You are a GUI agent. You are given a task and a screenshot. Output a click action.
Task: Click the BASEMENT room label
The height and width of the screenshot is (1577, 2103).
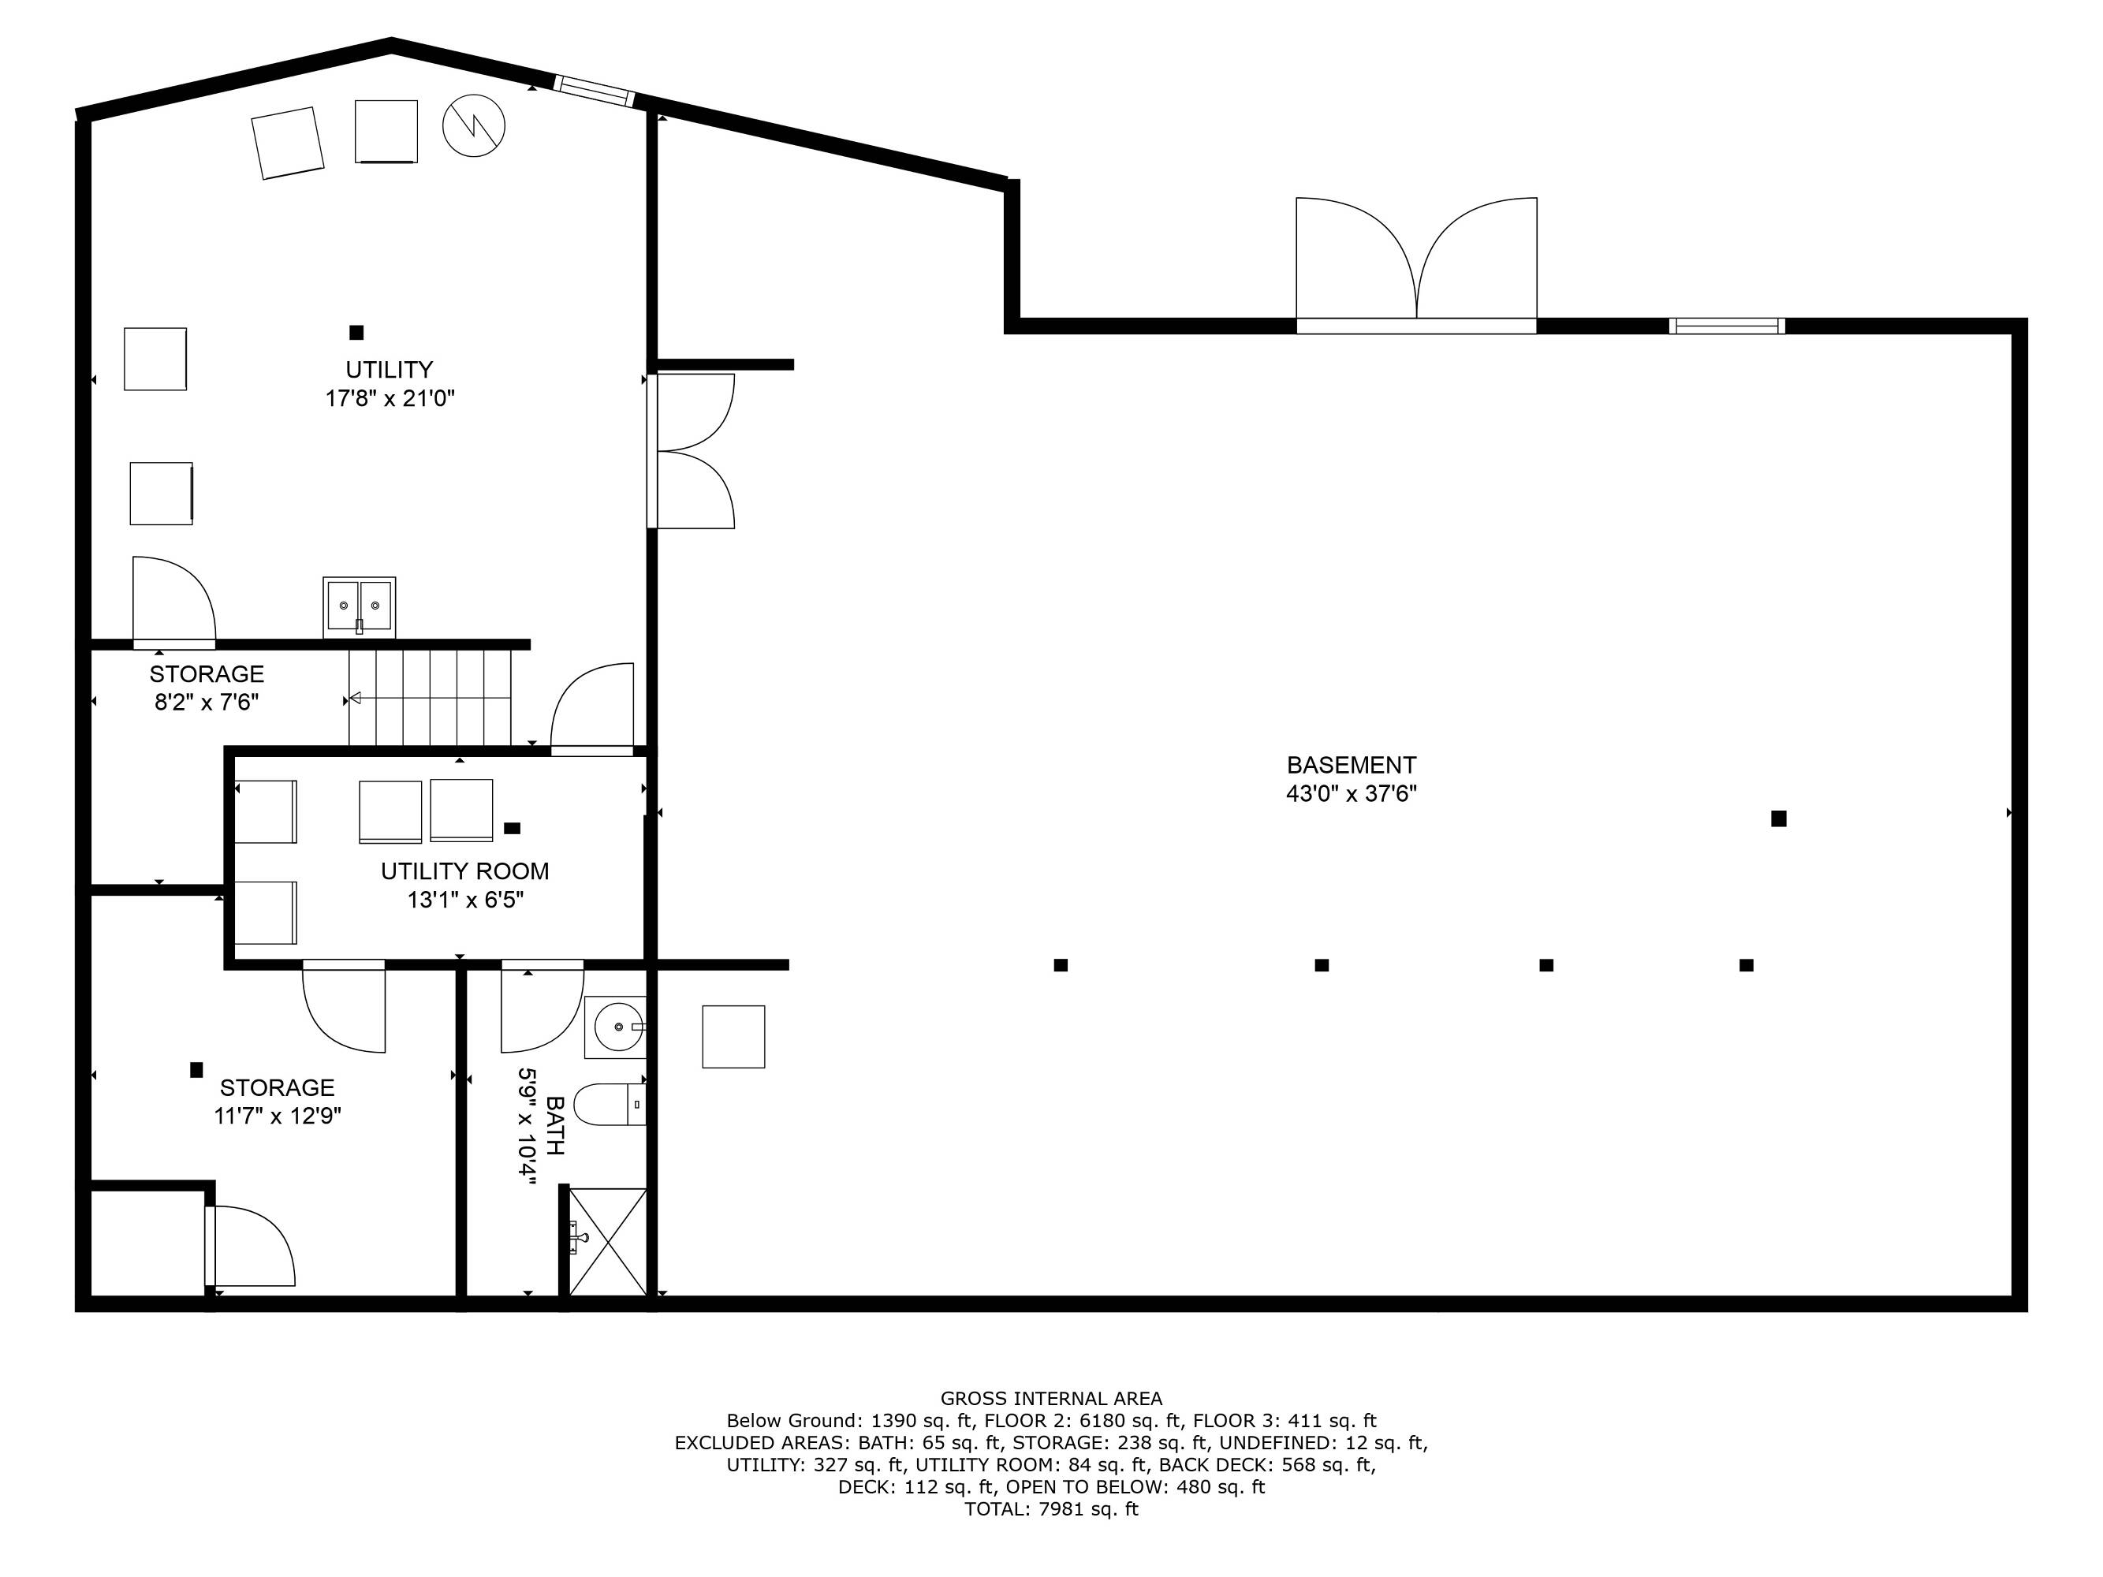click(x=1351, y=765)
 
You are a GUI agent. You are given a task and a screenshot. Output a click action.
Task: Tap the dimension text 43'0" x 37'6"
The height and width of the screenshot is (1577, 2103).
click(x=1351, y=794)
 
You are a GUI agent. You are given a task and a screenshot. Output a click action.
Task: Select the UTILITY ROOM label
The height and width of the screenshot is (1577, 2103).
click(x=465, y=871)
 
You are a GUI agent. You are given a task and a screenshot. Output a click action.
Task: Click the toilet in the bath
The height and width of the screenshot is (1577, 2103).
click(x=610, y=1105)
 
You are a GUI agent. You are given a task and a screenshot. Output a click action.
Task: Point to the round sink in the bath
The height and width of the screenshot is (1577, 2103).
click(x=615, y=1027)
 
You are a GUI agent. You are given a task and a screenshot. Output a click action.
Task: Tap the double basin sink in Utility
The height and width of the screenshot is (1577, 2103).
click(x=360, y=606)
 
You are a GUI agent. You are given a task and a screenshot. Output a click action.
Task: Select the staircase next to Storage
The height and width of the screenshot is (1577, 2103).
click(x=430, y=698)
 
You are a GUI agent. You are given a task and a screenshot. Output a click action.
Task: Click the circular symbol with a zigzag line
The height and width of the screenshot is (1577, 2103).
click(x=473, y=125)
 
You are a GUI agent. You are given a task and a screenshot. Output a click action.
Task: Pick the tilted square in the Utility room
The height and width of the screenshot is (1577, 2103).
click(x=288, y=143)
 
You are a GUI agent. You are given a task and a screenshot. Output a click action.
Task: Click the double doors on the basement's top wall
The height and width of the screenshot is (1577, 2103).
click(x=1416, y=265)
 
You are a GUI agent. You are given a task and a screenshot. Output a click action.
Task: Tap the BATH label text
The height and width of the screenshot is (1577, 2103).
click(x=555, y=1125)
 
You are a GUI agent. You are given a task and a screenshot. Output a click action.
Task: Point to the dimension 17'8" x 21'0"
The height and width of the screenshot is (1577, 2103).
click(x=390, y=398)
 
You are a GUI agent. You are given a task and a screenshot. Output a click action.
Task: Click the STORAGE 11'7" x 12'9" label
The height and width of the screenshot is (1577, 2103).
click(x=278, y=1102)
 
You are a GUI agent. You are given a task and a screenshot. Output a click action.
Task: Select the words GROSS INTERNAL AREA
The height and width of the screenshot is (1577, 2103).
click(x=1052, y=1398)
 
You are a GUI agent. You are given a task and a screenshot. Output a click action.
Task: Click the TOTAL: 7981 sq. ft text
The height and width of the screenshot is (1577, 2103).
click(x=1052, y=1509)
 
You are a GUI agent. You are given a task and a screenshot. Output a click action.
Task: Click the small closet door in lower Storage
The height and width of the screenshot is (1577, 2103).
click(x=250, y=1246)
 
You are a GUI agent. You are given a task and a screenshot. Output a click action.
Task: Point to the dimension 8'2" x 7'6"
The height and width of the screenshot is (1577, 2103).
click(x=207, y=703)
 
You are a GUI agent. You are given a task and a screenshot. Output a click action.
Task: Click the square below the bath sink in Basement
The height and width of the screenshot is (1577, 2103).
click(x=734, y=1037)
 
